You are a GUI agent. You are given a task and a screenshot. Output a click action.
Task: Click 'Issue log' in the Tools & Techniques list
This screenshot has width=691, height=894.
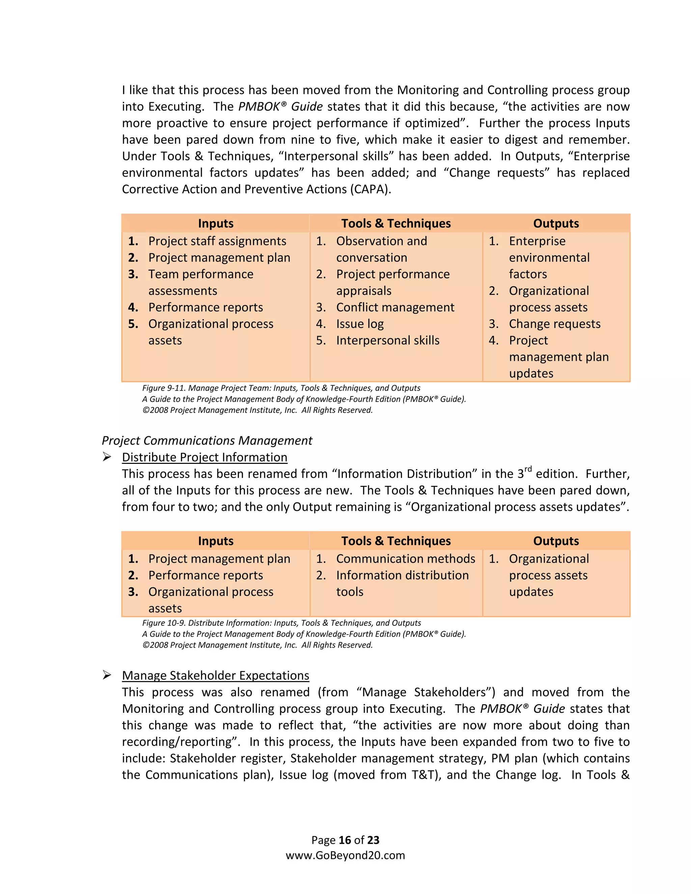pyautogui.click(x=359, y=324)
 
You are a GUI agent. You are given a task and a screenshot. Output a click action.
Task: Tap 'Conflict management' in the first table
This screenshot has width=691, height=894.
pyautogui.click(x=395, y=307)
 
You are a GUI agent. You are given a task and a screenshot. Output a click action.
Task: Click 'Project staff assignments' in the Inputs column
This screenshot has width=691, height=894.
pyautogui.click(x=217, y=241)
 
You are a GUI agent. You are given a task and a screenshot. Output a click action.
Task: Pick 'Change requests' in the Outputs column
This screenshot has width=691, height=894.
pyautogui.click(x=554, y=324)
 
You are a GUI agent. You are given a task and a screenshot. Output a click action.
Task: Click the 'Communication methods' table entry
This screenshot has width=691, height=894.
pyautogui.click(x=405, y=559)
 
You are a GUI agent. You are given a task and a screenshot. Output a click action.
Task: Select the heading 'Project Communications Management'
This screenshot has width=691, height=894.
pyautogui.click(x=207, y=441)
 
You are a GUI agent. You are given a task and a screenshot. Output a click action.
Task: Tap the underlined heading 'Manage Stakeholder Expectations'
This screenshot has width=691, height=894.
pyautogui.click(x=215, y=675)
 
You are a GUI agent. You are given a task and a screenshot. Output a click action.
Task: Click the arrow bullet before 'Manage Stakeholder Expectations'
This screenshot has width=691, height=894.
pyautogui.click(x=107, y=675)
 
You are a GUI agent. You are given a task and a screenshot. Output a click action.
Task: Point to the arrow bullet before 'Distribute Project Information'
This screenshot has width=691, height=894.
pyautogui.click(x=107, y=457)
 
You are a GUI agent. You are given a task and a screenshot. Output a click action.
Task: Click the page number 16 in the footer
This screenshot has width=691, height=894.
pyautogui.click(x=345, y=840)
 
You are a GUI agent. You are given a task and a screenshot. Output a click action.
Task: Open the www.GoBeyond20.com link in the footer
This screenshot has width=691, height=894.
pyautogui.click(x=345, y=855)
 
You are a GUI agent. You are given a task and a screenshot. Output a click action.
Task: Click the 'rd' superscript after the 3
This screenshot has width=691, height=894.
pyautogui.click(x=528, y=469)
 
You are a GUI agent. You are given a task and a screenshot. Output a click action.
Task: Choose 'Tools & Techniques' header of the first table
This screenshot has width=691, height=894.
pyautogui.click(x=395, y=223)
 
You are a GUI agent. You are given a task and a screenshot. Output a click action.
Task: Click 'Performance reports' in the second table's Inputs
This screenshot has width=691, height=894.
pyautogui.click(x=205, y=576)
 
